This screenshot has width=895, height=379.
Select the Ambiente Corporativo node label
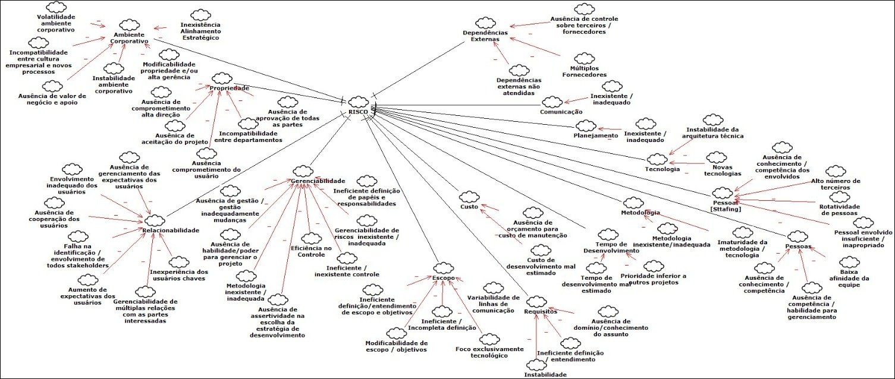coord(129,37)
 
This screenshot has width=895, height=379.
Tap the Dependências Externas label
coord(485,35)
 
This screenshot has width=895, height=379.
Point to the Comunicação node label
coord(560,112)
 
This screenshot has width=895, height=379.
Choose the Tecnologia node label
coord(662,169)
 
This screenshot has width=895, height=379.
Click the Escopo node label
coord(444,277)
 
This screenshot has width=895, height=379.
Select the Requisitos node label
coord(540,311)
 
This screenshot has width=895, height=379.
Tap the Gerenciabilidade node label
coord(318,181)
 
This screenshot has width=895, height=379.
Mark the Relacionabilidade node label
coord(170,230)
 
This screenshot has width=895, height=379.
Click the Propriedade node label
coord(229,89)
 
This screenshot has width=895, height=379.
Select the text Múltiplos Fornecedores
coord(584,71)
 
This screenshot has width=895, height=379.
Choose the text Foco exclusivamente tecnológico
coord(489,352)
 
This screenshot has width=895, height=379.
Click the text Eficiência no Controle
coord(311,251)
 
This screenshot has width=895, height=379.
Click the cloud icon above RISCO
coord(359,101)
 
